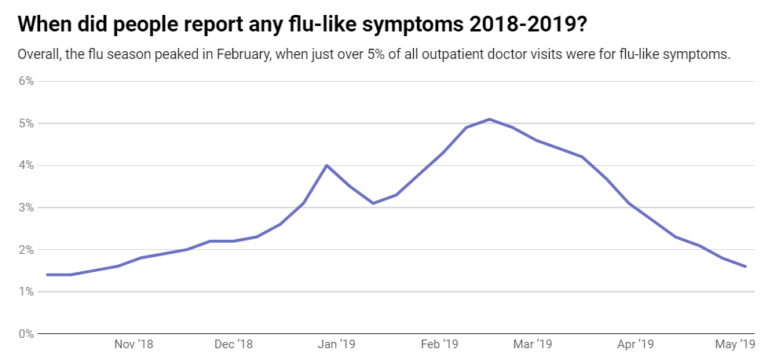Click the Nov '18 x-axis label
click(134, 345)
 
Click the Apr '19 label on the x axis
click(636, 345)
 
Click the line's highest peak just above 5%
click(488, 119)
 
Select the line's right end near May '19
click(745, 266)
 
